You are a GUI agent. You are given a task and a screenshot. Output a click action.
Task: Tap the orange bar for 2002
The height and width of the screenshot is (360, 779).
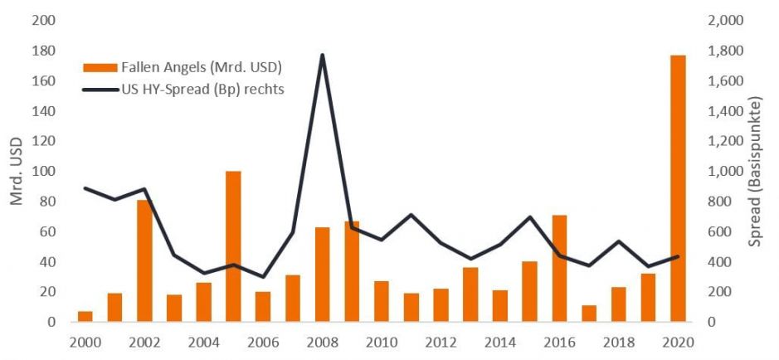(x=144, y=260)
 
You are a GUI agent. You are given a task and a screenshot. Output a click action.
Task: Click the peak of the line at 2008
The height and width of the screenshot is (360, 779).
(x=322, y=56)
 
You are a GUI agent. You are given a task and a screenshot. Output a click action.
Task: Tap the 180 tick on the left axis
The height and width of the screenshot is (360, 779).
(x=43, y=51)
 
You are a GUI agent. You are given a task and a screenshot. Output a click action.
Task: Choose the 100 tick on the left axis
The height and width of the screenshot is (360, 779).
(x=43, y=172)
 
